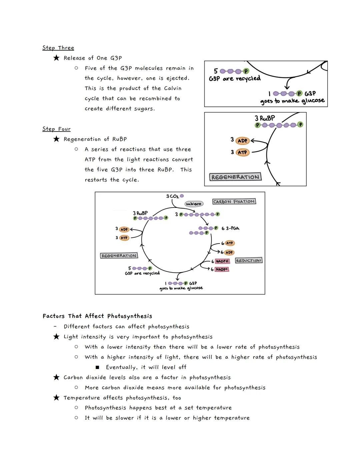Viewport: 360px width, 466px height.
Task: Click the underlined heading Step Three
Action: pos(58,48)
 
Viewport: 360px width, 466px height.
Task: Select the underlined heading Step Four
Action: pos(56,129)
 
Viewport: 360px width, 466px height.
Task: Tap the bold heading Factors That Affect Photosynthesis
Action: pos(97,316)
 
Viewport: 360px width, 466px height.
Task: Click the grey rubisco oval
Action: pos(194,203)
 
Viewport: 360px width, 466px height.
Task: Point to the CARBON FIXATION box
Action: pos(234,201)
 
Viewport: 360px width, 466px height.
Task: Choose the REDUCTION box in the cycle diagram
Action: pos(249,260)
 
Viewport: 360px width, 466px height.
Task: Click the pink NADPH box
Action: pos(222,261)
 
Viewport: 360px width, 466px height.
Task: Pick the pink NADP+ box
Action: pos(222,269)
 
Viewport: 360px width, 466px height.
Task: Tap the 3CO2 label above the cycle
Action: pos(173,196)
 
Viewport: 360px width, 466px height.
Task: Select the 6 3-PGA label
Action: pos(230,228)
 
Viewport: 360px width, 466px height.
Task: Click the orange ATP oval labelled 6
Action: pos(229,243)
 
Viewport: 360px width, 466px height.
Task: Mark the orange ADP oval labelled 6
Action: pos(229,253)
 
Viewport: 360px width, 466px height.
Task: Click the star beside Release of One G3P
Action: pos(56,58)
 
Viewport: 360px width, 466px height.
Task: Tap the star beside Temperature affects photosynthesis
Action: pos(56,398)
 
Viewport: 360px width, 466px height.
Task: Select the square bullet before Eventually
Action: pos(97,367)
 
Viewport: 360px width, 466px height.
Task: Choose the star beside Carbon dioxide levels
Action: pos(56,377)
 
